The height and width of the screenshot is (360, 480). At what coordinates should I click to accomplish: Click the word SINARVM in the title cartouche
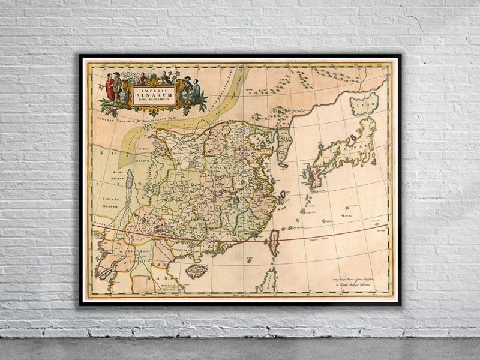pyautogui.click(x=154, y=93)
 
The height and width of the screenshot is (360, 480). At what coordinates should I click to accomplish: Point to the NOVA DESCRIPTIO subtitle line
pyautogui.click(x=154, y=100)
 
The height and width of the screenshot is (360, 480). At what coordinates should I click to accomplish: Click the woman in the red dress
pyautogui.click(x=110, y=88)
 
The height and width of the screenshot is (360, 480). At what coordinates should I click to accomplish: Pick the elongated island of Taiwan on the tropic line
pyautogui.click(x=274, y=242)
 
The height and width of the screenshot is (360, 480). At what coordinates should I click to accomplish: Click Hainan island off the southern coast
pyautogui.click(x=196, y=271)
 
